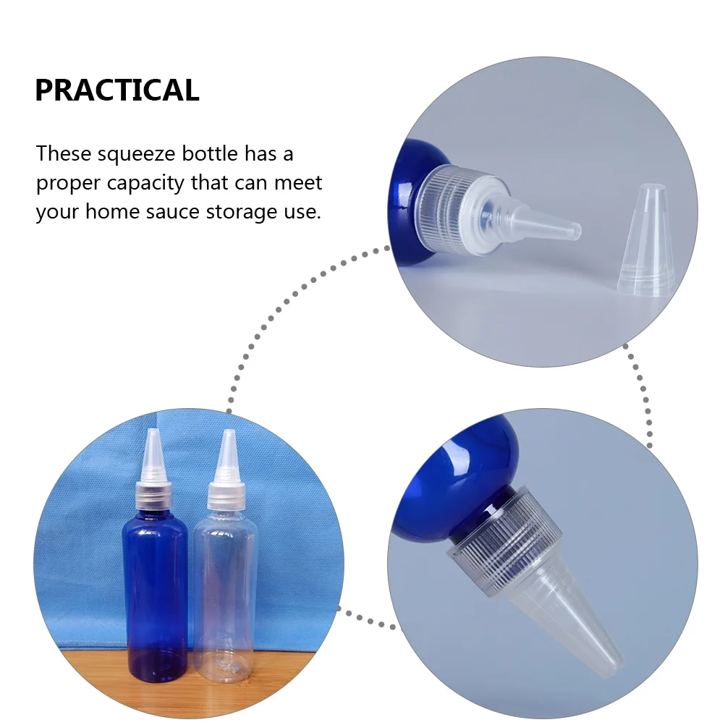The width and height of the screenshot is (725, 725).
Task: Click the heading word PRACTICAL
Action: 116,90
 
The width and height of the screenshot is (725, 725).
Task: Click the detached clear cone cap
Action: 645,242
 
